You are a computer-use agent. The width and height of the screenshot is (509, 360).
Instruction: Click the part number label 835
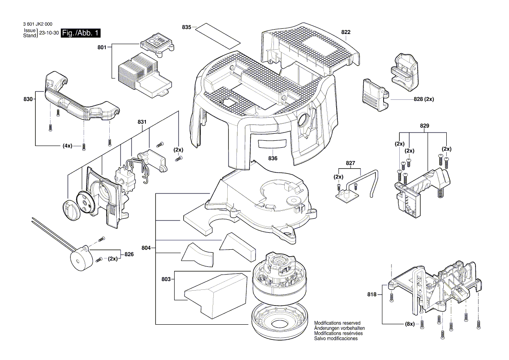(x=186, y=27)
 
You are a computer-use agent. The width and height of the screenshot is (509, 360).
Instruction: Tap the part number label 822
(x=346, y=32)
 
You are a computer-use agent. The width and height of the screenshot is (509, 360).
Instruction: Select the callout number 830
(x=28, y=99)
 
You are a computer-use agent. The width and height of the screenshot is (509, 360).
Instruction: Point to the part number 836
(x=273, y=158)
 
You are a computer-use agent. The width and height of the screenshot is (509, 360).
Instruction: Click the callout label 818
(x=371, y=295)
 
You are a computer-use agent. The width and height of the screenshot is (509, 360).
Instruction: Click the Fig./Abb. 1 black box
(x=81, y=33)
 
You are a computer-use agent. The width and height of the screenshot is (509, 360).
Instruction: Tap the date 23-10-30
(x=49, y=33)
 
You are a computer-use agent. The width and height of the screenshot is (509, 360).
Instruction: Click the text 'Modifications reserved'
(x=337, y=323)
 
